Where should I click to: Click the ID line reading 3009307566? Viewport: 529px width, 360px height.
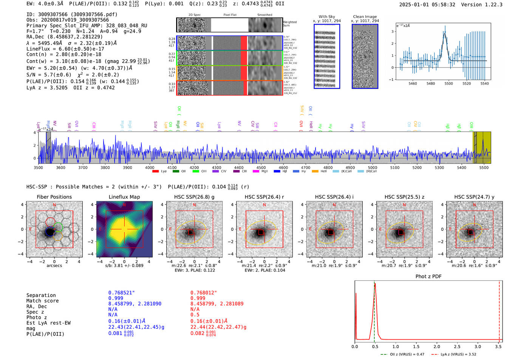coord(72,14)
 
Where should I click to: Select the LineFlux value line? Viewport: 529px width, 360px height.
coord(65,49)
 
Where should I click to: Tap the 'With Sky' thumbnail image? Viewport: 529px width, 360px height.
coord(327,56)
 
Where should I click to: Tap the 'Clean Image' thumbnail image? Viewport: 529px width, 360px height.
coord(365,56)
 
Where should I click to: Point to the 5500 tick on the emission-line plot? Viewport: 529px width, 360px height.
coord(449,83)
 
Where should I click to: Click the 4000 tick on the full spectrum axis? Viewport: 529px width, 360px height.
coord(150,168)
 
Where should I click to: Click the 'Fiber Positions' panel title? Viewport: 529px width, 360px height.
coord(54,197)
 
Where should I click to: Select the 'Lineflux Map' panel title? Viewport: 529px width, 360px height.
coord(124,197)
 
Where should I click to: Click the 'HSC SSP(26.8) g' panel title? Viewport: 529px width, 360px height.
coord(194,197)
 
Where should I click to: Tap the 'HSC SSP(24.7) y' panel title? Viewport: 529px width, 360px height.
coord(474,197)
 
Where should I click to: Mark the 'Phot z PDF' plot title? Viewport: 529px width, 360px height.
coord(428,277)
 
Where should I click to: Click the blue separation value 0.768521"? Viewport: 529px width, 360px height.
coord(121,293)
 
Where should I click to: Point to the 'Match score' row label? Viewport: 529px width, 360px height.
coord(42,301)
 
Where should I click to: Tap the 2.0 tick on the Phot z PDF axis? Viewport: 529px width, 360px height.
coord(437,346)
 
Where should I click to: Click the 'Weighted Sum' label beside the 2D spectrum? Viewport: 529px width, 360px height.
coord(290,24)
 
